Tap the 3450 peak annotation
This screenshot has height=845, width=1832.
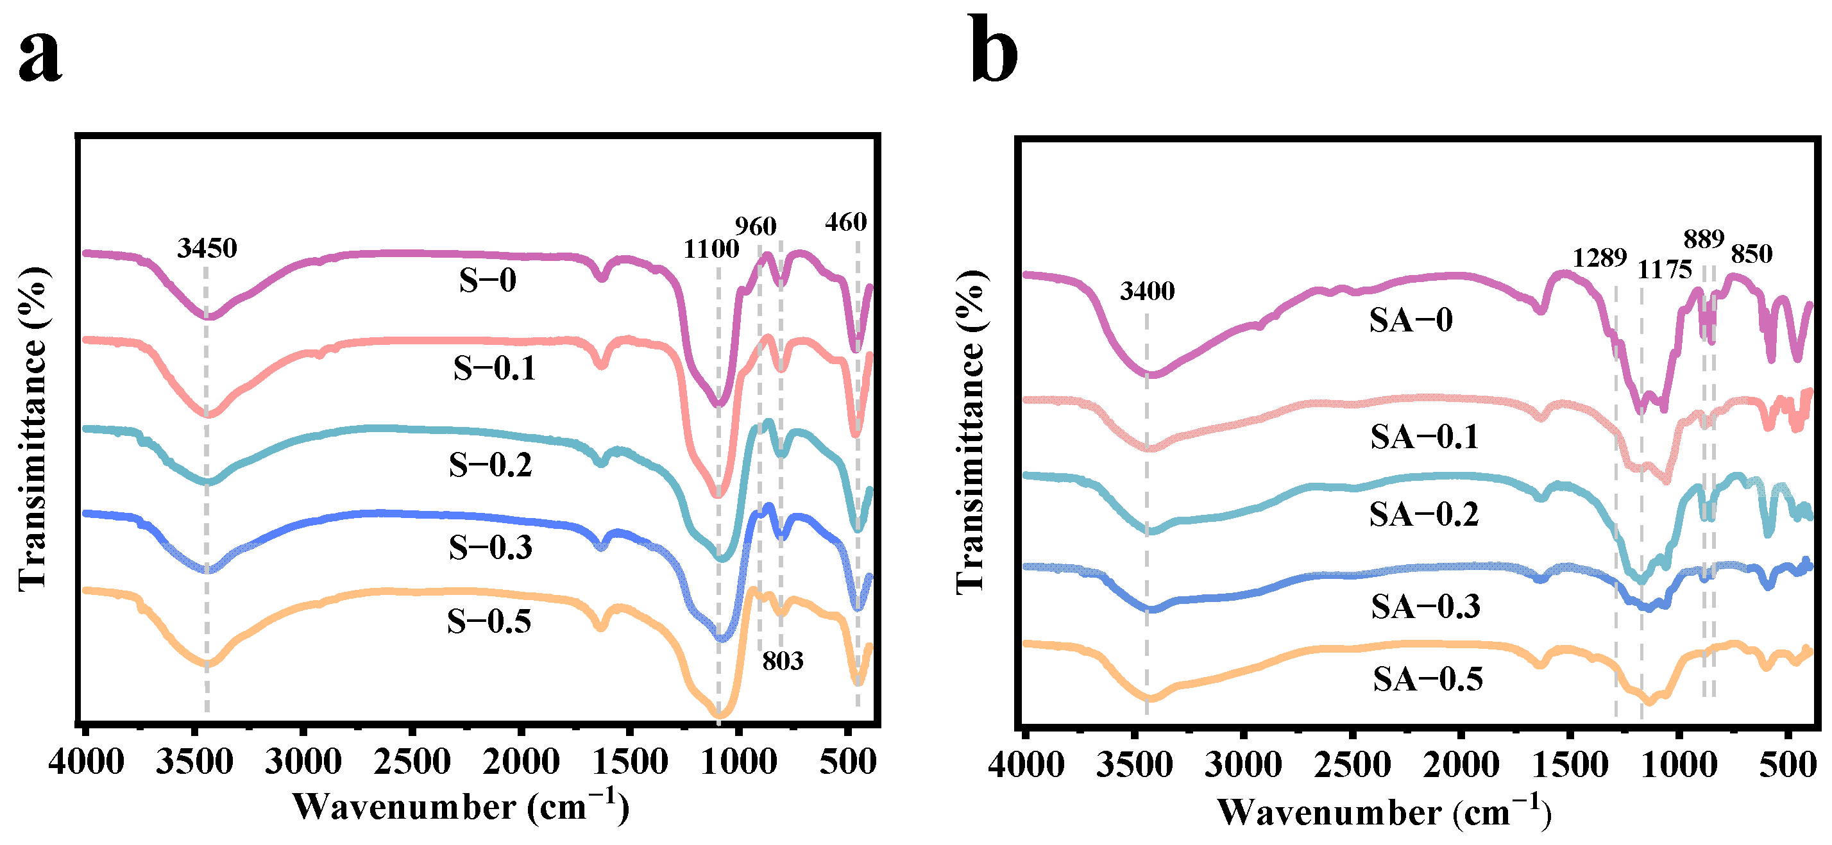click(x=207, y=248)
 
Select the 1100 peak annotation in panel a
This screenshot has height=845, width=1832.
click(x=711, y=249)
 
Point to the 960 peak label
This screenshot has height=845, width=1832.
click(x=755, y=227)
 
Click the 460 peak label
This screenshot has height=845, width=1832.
click(x=845, y=222)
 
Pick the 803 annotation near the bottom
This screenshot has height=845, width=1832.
click(x=783, y=662)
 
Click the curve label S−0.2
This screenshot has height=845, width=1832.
click(x=490, y=465)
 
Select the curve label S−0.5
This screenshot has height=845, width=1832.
click(x=489, y=622)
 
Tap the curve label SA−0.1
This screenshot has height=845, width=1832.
click(x=1425, y=437)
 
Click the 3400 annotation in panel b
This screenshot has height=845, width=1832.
click(x=1147, y=290)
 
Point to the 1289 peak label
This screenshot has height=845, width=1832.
click(x=1599, y=258)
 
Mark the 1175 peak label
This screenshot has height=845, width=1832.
click(x=1664, y=270)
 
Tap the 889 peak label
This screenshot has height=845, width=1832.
click(x=1704, y=240)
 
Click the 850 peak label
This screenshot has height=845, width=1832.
click(x=1752, y=255)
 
